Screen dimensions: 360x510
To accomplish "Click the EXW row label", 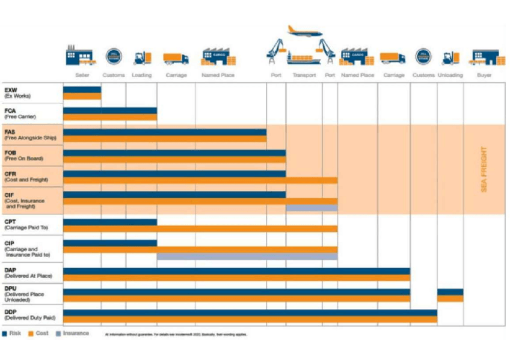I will tap(17, 93).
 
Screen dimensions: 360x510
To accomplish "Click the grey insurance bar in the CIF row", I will tap(312, 208).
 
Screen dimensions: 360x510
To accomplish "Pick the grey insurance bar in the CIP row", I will tap(247, 256).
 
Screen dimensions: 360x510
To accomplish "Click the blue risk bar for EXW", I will tap(82, 90).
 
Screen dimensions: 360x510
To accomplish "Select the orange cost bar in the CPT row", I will tap(200, 228).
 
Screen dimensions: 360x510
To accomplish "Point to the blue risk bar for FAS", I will tap(165, 132).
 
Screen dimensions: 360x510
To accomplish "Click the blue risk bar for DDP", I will tap(250, 313).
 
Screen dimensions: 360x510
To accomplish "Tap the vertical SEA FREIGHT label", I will tap(484, 170).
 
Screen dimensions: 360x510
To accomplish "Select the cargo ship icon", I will tap(307, 59).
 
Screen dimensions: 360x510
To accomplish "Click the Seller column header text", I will tap(82, 75).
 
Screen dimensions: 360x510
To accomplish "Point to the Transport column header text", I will tap(304, 75).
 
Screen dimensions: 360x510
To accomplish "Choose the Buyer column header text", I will tap(484, 75).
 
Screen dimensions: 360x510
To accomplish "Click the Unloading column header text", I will tap(450, 75).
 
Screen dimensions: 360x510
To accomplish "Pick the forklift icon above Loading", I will tap(143, 57).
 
